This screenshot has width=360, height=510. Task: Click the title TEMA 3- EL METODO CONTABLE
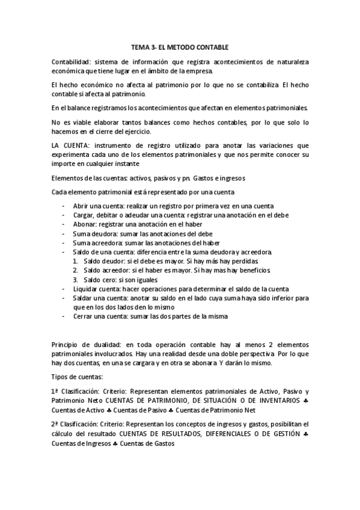(x=180, y=46)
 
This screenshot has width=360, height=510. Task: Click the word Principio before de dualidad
(x=67, y=344)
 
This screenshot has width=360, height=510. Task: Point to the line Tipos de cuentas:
(x=78, y=376)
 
